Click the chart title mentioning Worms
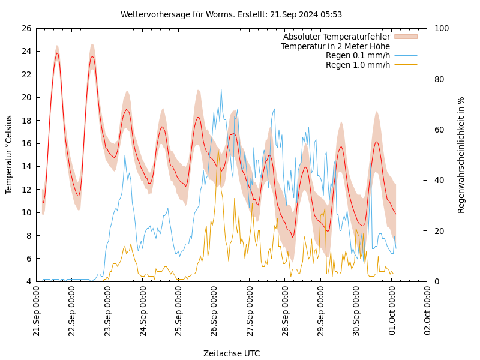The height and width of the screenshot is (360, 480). point(231,14)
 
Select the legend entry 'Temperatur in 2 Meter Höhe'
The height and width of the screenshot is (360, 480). point(335,46)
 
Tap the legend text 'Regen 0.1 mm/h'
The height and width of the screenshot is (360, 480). point(358,55)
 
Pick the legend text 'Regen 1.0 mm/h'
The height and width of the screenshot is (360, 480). point(358,65)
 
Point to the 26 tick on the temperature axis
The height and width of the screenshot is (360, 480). point(26,28)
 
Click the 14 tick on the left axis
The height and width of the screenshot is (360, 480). point(26,166)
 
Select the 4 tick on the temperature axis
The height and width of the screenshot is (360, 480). point(29,281)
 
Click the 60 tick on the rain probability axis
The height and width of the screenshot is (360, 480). point(439,130)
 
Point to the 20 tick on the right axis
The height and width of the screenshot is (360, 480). point(439,231)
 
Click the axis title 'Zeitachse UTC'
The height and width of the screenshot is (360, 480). point(232,353)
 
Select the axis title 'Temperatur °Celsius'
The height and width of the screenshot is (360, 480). point(9,155)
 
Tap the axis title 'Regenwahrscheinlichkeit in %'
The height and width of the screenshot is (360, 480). point(461,155)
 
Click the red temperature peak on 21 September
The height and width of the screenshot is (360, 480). point(57,53)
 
